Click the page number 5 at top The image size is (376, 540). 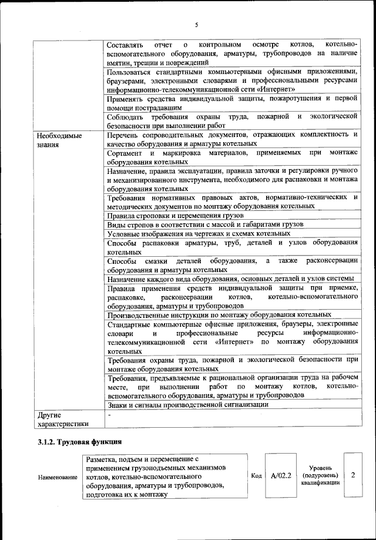(x=197, y=24)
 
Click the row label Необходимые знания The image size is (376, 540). (x=58, y=140)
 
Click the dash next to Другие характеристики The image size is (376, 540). (x=109, y=415)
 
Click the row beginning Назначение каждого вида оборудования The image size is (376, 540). (x=230, y=279)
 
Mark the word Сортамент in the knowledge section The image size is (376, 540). (x=126, y=153)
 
